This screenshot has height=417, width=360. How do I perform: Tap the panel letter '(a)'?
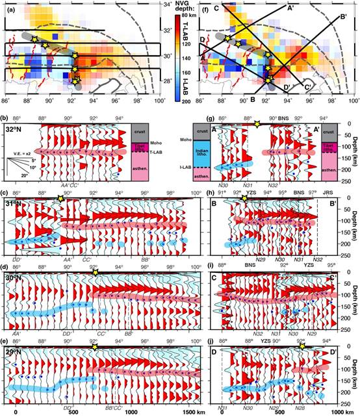click(9, 6)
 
